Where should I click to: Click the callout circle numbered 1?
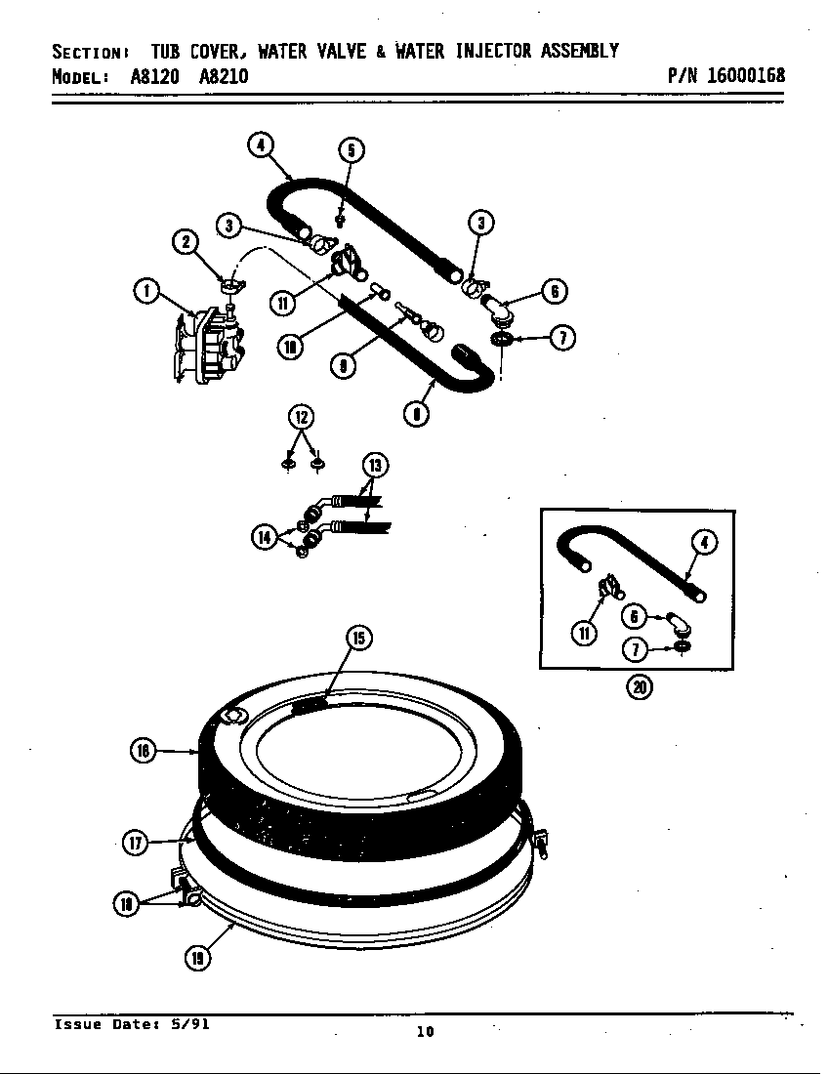click(145, 290)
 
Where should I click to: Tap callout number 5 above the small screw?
click(352, 149)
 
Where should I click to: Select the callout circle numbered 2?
click(185, 241)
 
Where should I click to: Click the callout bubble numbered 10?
click(290, 346)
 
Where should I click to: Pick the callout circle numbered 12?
click(301, 417)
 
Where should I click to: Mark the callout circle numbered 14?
click(264, 536)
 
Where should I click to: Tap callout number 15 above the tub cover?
click(358, 638)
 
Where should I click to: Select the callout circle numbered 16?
click(143, 750)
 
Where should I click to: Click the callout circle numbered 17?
click(136, 843)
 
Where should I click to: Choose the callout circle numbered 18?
click(125, 904)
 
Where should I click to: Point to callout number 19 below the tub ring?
click(197, 958)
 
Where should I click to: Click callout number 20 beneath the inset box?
click(640, 686)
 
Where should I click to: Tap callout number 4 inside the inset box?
click(705, 543)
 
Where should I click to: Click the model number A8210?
click(223, 76)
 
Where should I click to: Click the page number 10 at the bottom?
click(425, 1032)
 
